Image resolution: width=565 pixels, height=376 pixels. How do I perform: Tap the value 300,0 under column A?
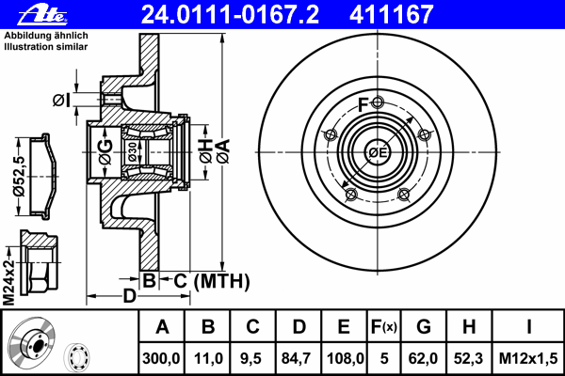coord(162,358)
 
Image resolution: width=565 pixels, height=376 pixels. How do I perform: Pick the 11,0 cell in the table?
coord(208,358)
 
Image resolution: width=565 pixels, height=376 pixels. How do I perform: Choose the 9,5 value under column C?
coord(252,358)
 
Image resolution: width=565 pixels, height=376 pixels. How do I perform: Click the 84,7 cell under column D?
coord(299,358)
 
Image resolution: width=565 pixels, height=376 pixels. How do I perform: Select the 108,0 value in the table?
coord(345,358)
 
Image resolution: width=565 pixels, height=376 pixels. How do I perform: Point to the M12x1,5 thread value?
coord(528,358)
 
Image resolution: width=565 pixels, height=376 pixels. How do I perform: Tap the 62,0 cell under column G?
coord(423,358)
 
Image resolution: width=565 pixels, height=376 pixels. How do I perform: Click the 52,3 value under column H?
coord(469,358)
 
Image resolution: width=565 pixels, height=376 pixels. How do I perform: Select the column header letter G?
coord(423,327)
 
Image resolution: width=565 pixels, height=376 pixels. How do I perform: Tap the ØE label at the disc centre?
coord(378,153)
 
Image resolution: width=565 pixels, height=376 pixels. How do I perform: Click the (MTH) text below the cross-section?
coord(221,280)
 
